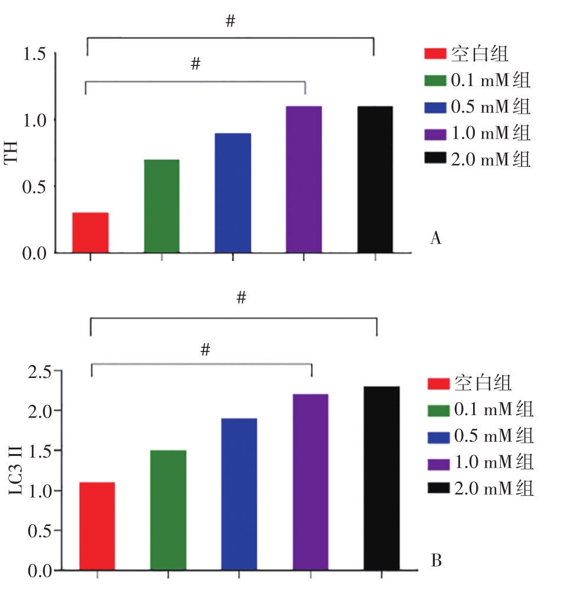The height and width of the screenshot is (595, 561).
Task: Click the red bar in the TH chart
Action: (x=90, y=232)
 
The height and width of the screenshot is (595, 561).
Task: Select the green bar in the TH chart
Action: (x=162, y=206)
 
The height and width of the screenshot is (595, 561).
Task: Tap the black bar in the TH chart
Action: (x=375, y=179)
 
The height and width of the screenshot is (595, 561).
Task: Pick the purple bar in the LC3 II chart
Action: (x=310, y=482)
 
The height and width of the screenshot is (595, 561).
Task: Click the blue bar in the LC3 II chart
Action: (x=239, y=494)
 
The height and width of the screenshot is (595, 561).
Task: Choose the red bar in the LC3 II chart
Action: (x=97, y=526)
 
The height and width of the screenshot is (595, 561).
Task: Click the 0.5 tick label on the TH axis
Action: (x=35, y=187)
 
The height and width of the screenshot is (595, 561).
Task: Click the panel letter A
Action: (x=436, y=238)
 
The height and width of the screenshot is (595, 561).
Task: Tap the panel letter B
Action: (x=437, y=560)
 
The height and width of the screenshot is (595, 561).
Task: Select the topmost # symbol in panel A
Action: (x=230, y=22)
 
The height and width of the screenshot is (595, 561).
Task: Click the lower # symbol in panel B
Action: (x=205, y=350)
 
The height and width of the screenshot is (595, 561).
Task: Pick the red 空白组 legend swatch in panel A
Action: (x=435, y=55)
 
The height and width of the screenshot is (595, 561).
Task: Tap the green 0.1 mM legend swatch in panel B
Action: (x=438, y=410)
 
